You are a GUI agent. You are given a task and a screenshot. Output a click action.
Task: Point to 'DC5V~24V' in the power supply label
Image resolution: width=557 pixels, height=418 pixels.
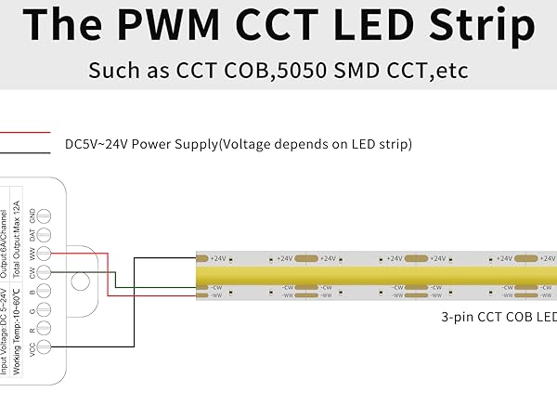(99, 145)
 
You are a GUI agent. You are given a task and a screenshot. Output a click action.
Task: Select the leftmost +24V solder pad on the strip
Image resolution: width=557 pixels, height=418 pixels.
(203, 258)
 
